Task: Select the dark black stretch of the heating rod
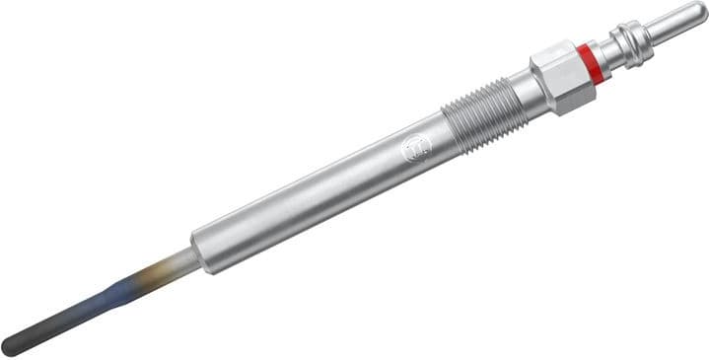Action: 54,325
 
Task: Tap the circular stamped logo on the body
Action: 414,149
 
